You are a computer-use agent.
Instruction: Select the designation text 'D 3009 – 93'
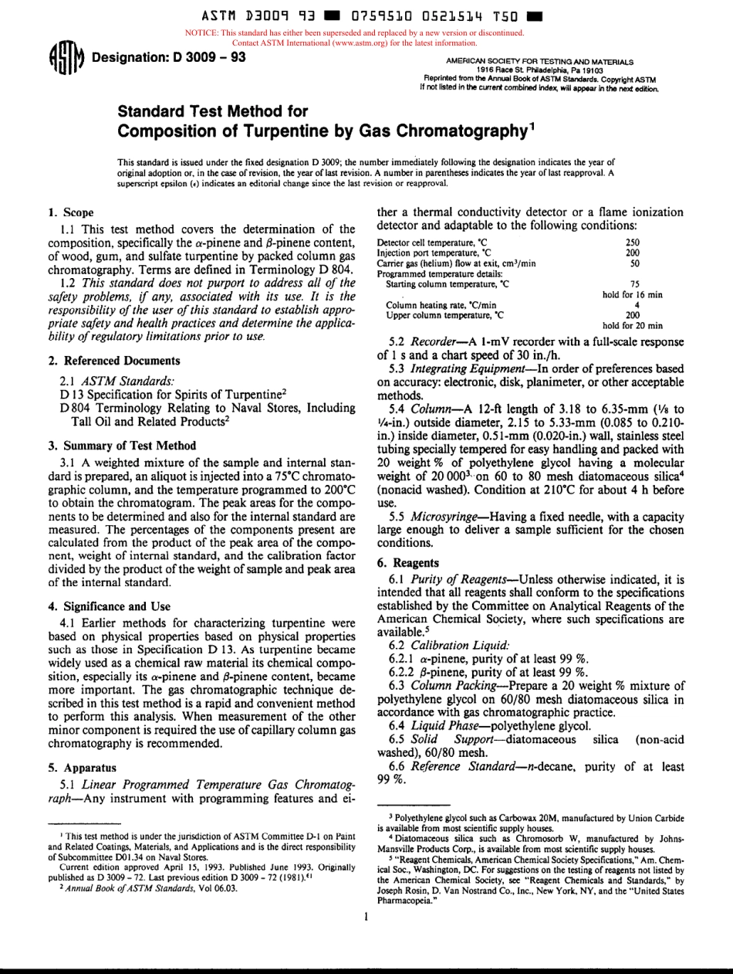(x=204, y=57)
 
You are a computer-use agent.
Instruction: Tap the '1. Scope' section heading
(x=71, y=212)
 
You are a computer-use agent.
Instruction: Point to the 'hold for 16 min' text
(x=632, y=294)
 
